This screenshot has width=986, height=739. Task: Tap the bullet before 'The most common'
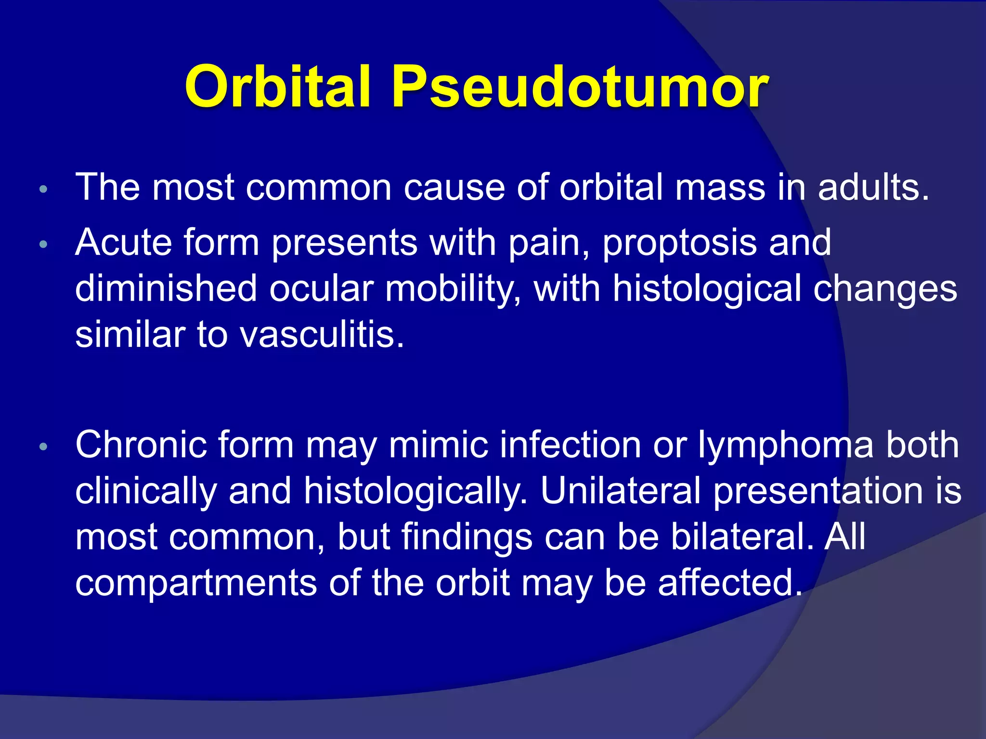click(x=43, y=189)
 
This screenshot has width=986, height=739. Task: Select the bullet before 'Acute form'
click(x=43, y=244)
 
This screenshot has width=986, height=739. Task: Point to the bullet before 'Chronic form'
click(x=43, y=447)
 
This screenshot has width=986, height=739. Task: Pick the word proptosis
click(x=679, y=243)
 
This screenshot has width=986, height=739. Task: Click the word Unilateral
click(x=621, y=491)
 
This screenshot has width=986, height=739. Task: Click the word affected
click(x=729, y=583)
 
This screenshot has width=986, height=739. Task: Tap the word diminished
click(x=166, y=288)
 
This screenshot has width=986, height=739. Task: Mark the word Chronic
click(x=141, y=445)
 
